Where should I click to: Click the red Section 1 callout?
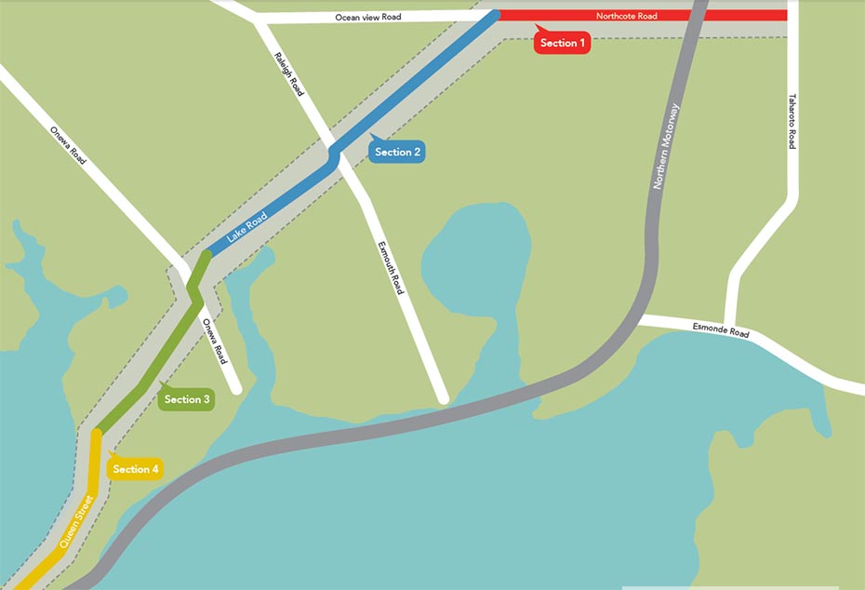point(563,43)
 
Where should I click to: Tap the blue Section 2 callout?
point(397,152)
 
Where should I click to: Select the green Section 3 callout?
point(187,399)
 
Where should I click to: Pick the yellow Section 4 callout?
point(136,469)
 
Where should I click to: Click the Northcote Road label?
point(627,16)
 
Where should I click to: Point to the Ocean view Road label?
point(368,18)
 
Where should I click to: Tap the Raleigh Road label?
point(289,74)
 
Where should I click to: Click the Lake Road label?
point(246,229)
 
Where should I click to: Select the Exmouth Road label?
point(391,268)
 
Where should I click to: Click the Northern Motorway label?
point(666,147)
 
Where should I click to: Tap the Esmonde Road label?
point(721,330)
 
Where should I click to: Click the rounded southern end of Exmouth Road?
point(443,398)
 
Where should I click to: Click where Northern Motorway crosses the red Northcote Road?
point(694,16)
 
